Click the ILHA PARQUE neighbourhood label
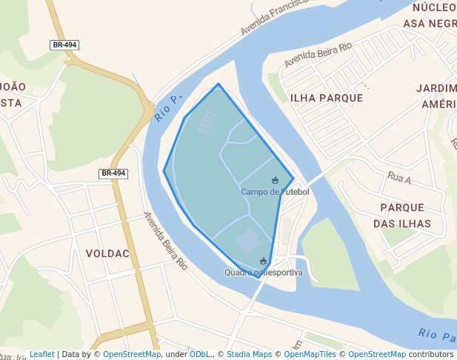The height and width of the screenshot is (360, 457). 326,98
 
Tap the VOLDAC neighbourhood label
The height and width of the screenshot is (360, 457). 107,253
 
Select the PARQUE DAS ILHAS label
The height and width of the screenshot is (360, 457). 401,216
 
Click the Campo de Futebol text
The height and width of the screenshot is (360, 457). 275,192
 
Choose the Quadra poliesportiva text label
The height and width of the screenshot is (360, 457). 264,273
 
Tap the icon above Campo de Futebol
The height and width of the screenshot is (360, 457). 276,180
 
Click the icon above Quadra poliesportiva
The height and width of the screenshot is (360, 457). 263,261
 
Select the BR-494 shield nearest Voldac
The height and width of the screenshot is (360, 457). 113,173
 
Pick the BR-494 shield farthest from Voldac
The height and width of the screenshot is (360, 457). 64,45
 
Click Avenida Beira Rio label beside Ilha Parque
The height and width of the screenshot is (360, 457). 317,50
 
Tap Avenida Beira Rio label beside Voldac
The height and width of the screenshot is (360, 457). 165,241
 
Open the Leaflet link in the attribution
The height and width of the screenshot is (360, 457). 41,355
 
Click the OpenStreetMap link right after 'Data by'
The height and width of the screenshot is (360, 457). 132,355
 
